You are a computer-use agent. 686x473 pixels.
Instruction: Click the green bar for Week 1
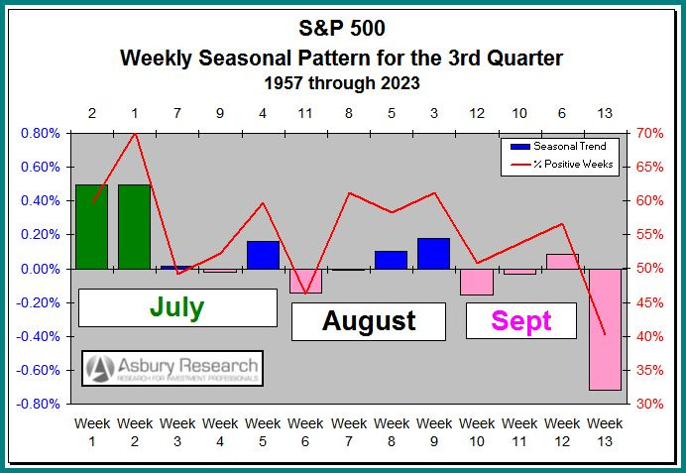tap(91, 226)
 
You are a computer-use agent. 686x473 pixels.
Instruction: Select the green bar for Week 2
tap(134, 226)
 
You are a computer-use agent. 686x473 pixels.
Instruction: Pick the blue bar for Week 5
tap(263, 255)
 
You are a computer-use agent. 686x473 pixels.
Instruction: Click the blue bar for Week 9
tap(433, 253)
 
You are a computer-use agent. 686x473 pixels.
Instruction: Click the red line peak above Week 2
tap(134, 133)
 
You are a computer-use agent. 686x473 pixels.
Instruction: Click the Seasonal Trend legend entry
tap(561, 147)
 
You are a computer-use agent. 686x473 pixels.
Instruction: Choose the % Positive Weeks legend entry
tap(561, 164)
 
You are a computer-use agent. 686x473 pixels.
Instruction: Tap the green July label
tap(176, 307)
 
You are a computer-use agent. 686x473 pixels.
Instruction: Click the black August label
tap(369, 321)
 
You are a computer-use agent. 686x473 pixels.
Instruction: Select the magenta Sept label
tap(520, 321)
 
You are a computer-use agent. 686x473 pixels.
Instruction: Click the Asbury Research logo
tap(172, 368)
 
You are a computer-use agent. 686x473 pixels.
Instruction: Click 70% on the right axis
tap(650, 133)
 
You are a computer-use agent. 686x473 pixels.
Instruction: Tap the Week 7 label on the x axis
tap(348, 432)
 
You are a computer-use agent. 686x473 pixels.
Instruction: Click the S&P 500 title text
tap(341, 28)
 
